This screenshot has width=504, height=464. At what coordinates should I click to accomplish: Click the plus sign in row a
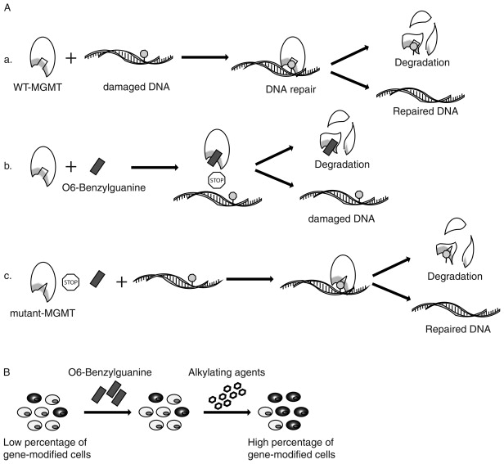point(70,58)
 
